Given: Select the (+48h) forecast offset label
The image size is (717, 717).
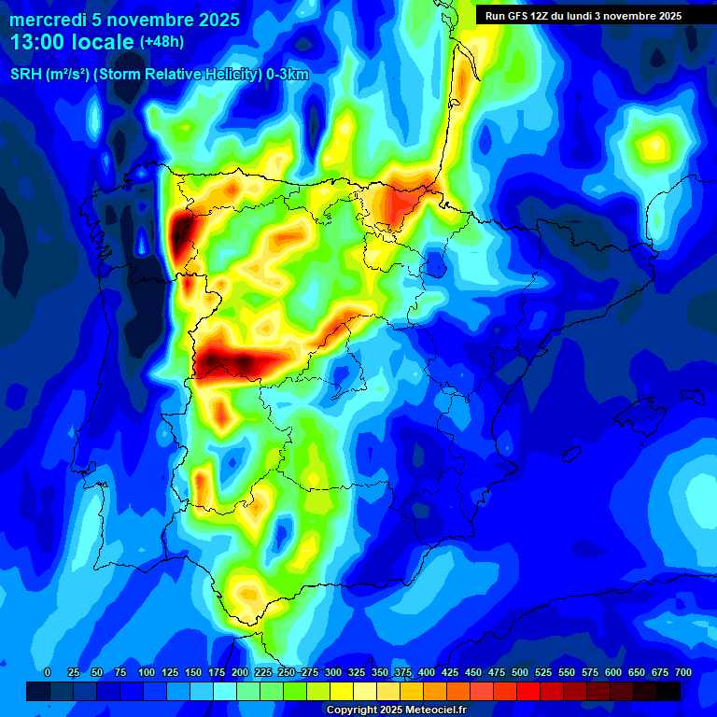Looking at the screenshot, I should (x=162, y=42).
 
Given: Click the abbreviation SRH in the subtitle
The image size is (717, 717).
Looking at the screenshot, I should (x=25, y=76).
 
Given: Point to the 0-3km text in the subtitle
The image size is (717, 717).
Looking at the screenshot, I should (x=288, y=76).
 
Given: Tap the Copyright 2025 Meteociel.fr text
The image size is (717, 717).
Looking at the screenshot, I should (x=397, y=710).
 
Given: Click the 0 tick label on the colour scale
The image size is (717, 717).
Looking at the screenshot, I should (x=48, y=673).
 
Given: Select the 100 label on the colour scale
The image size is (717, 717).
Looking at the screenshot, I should (x=147, y=673).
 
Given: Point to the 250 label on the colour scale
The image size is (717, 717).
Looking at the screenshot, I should (x=287, y=673).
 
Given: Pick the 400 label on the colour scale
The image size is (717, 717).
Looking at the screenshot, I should (x=427, y=673).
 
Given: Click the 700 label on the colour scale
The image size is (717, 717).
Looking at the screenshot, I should (x=683, y=673).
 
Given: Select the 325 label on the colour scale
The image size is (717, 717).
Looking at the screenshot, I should (x=357, y=673).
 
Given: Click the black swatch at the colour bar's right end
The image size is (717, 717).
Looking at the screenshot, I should (x=668, y=691).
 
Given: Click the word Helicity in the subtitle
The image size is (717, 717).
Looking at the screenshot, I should (x=232, y=76).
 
